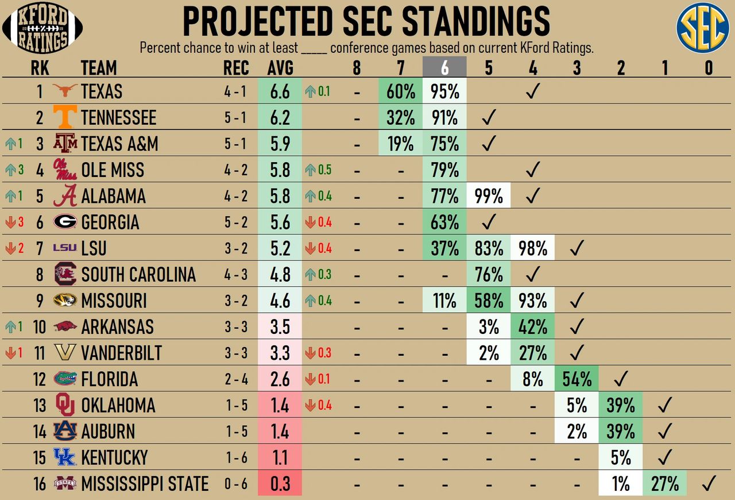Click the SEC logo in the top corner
702,28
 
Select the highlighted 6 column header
444,68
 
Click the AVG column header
280,68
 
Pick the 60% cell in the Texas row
401,91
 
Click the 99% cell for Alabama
489,197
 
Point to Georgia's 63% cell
444,222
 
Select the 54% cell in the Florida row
577,379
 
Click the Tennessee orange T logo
64,118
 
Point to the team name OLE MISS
113,170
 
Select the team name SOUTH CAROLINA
138,275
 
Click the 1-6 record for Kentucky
236,458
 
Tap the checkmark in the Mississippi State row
709,484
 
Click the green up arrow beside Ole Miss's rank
9,170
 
